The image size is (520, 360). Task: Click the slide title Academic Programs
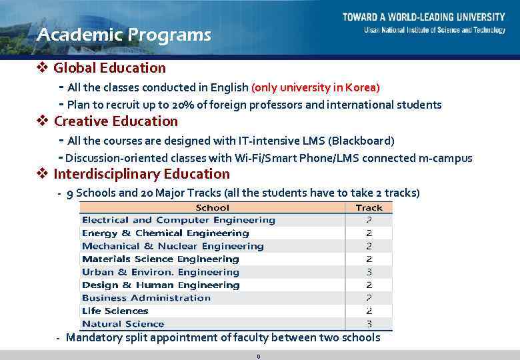(x=124, y=35)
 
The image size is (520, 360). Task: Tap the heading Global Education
(x=109, y=68)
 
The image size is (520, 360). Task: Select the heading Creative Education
(x=115, y=121)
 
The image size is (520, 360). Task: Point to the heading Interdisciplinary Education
(x=141, y=175)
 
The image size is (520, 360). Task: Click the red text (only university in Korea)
(x=315, y=87)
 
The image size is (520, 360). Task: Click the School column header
(x=213, y=207)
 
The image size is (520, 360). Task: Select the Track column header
(x=369, y=207)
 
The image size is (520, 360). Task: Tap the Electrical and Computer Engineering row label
(x=178, y=220)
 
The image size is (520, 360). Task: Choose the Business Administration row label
(x=146, y=298)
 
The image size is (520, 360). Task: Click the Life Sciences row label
(x=115, y=311)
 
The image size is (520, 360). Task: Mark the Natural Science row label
(x=123, y=324)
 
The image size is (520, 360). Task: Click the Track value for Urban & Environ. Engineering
(x=369, y=272)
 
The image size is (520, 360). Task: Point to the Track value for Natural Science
(x=369, y=324)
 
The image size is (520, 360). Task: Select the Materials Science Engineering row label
(x=160, y=259)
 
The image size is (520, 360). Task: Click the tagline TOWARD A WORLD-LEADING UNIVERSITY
(x=423, y=17)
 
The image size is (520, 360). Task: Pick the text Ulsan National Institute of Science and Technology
(x=434, y=30)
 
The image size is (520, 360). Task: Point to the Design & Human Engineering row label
(x=160, y=285)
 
